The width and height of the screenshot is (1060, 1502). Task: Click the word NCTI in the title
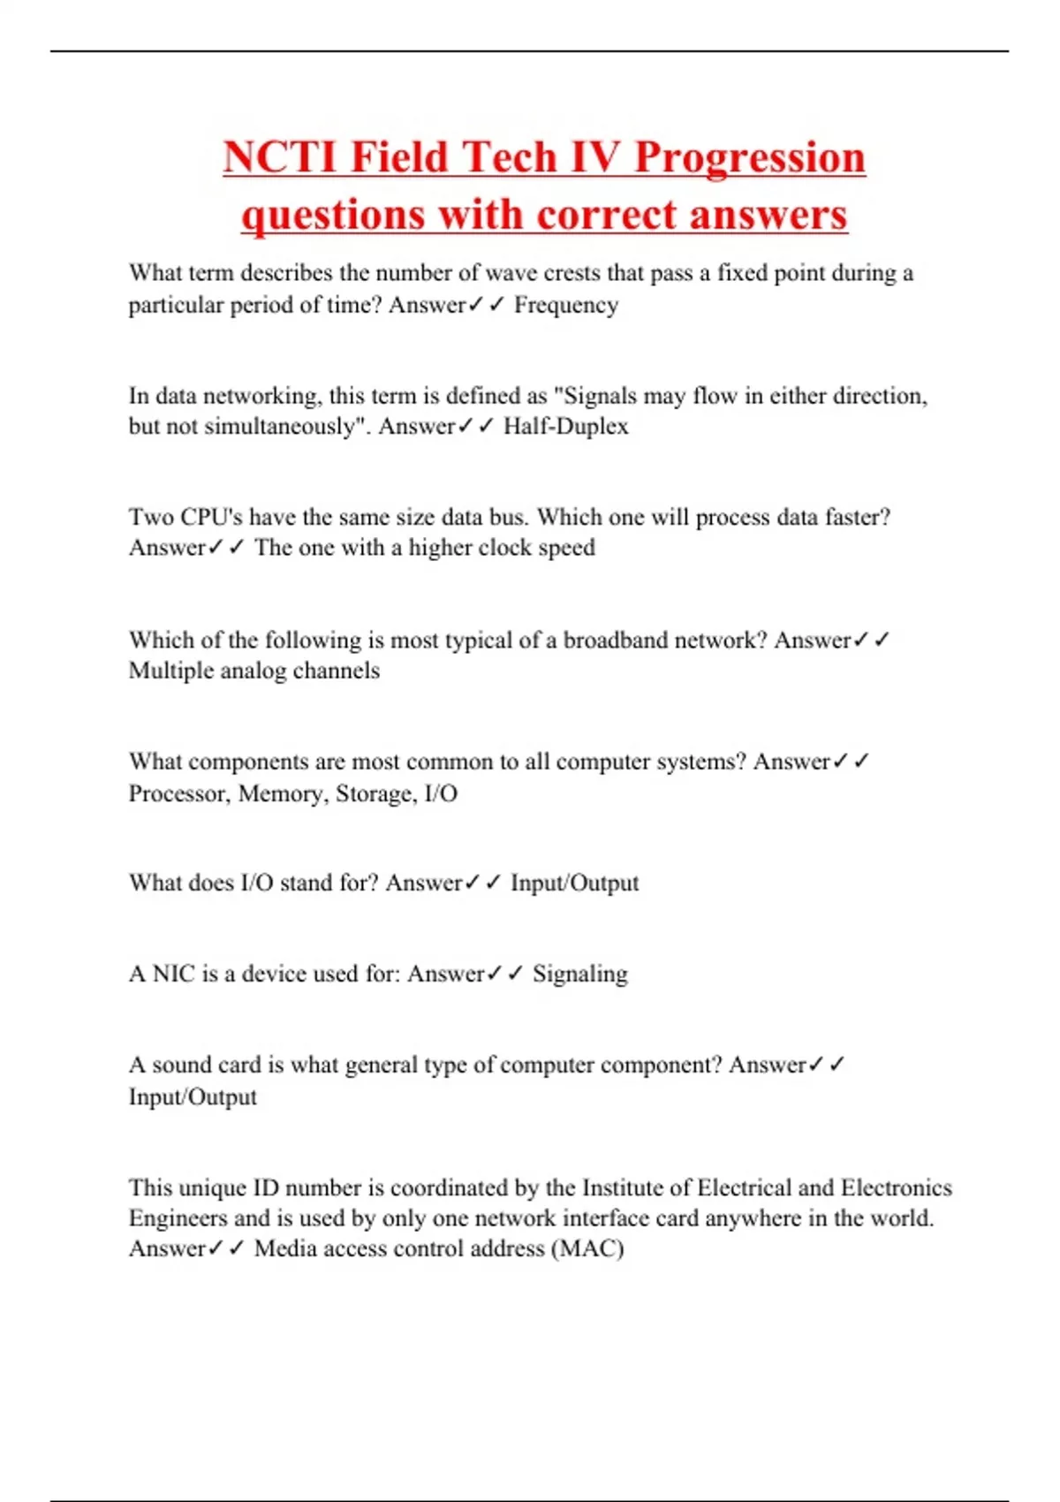click(x=280, y=157)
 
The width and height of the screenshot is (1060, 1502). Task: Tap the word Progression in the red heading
click(x=750, y=157)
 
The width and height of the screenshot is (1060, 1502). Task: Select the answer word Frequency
click(x=566, y=305)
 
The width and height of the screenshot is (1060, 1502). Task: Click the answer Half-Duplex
click(x=566, y=427)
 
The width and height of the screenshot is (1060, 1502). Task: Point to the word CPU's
click(x=211, y=517)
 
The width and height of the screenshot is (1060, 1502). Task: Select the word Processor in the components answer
click(x=178, y=793)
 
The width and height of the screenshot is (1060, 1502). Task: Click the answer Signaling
click(x=580, y=974)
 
